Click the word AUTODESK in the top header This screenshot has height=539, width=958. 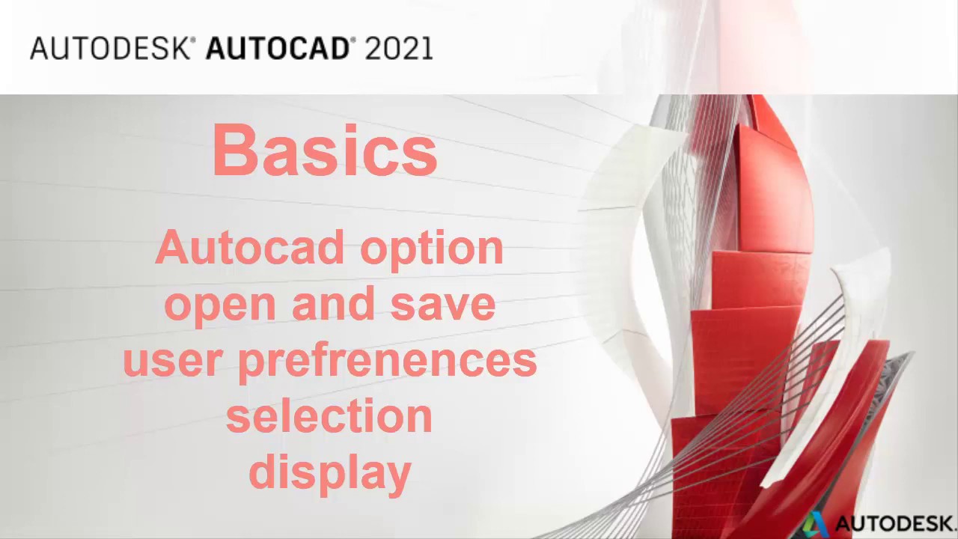tap(111, 49)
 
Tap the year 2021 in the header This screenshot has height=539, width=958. tap(399, 49)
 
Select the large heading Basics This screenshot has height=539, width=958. tap(325, 150)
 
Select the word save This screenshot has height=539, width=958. tap(443, 305)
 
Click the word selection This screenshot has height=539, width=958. tap(329, 415)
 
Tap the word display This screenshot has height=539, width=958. tap(329, 472)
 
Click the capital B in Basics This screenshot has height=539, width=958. tap(234, 150)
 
